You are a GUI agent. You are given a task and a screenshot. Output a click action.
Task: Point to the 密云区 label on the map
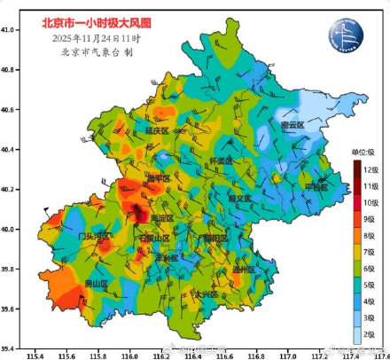coord(292,126)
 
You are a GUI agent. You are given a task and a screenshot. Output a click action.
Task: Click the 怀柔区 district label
coord(221,160)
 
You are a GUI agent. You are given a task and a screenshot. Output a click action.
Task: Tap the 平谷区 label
coord(316,187)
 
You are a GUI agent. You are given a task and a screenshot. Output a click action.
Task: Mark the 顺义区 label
coord(239,199)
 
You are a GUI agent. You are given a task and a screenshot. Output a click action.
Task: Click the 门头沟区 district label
coord(93,237)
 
